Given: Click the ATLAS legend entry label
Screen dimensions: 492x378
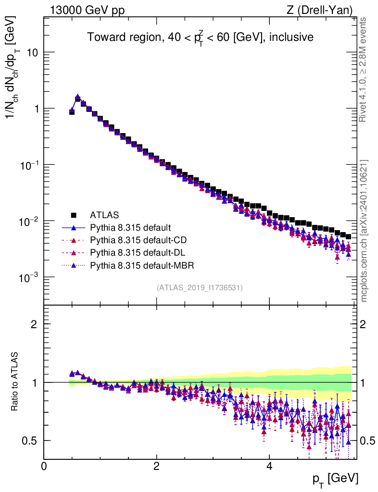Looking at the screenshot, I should (105, 215).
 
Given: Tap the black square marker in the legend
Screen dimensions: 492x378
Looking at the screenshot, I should (74, 215).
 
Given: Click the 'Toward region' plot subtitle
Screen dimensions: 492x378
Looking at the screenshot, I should (201, 37).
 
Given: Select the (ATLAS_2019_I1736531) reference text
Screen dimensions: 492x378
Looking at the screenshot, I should (200, 288).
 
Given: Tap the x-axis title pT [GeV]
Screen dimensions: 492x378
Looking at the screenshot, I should (334, 479).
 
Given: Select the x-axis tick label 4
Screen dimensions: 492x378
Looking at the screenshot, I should (269, 466).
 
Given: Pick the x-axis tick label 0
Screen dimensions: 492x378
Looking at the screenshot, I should (44, 466).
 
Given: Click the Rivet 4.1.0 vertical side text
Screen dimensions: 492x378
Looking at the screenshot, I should (364, 70).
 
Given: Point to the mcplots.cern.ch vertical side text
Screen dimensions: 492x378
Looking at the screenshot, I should (364, 231).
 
